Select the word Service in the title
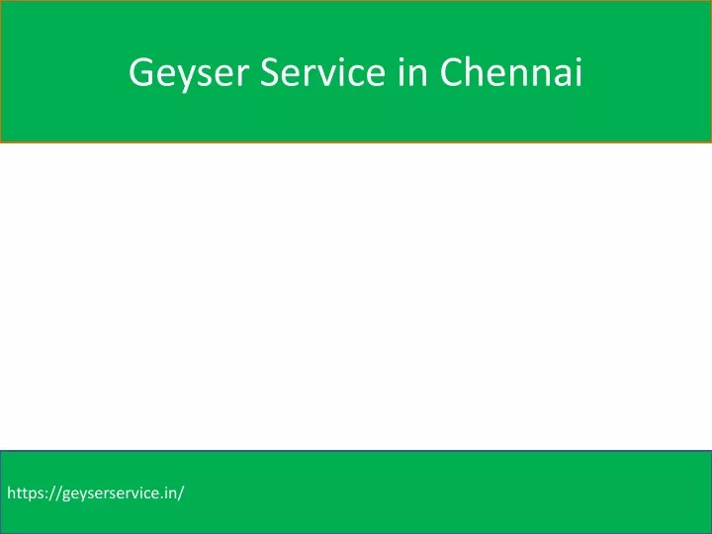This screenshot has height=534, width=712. click(x=322, y=72)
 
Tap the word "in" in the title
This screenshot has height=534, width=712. click(x=412, y=72)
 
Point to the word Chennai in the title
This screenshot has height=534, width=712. click(x=511, y=71)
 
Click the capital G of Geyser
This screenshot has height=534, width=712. click(x=140, y=72)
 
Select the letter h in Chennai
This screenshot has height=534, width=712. click(x=479, y=71)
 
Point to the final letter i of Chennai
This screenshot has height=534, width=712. click(x=578, y=72)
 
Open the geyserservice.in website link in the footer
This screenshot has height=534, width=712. click(x=95, y=493)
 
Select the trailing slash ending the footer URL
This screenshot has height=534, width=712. click(x=181, y=493)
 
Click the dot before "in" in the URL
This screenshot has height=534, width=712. click(x=161, y=497)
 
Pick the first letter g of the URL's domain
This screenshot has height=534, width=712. click(x=66, y=495)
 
